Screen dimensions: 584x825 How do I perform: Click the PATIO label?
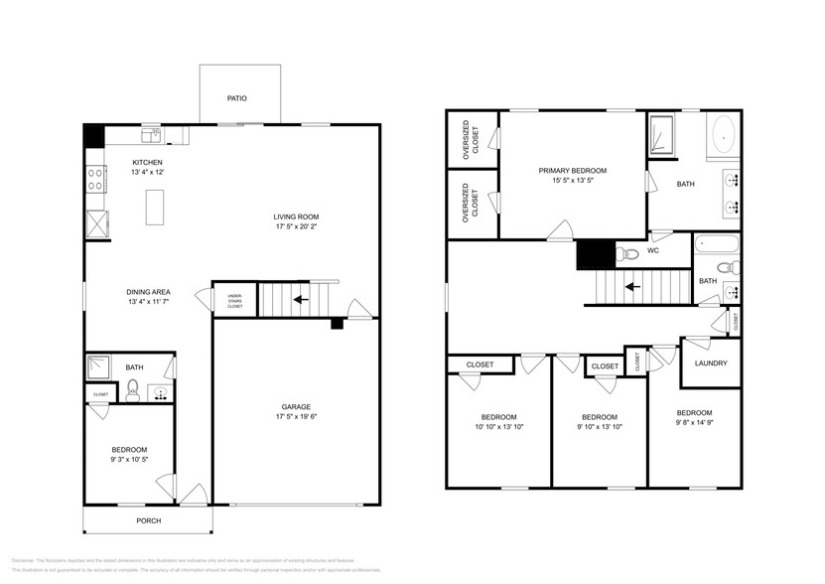click(235, 98)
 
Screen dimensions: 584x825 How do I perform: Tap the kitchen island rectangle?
click(154, 206)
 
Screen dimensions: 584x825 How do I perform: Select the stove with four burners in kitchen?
click(96, 179)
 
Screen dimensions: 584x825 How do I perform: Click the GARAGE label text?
click(296, 407)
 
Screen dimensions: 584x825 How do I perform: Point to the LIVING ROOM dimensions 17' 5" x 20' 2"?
click(297, 227)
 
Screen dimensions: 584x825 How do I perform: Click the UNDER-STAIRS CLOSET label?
click(235, 300)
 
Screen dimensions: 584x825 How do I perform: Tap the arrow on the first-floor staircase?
click(298, 298)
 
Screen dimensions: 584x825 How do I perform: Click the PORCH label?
click(148, 520)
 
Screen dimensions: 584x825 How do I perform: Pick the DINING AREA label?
click(148, 291)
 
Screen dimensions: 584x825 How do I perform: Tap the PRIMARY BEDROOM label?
click(572, 171)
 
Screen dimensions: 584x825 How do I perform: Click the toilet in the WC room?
click(624, 254)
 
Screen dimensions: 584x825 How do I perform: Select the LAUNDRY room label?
click(711, 364)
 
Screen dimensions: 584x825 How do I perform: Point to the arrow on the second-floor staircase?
click(628, 288)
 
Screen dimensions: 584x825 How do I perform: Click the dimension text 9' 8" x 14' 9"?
click(694, 424)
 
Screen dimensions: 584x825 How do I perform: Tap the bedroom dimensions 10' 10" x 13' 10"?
click(498, 427)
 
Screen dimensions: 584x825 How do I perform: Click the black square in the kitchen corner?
click(93, 135)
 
